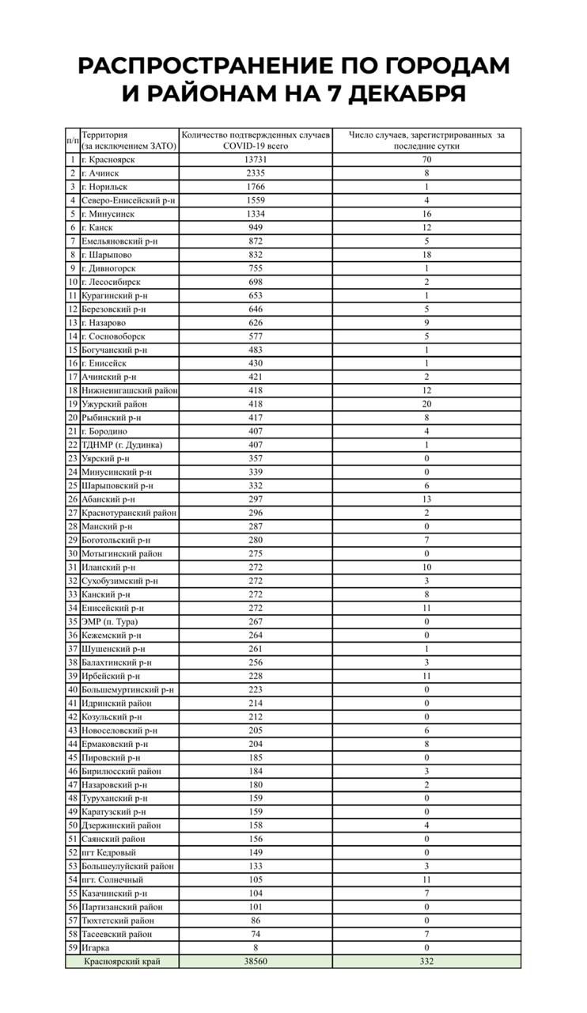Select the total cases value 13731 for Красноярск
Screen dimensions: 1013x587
tap(256, 160)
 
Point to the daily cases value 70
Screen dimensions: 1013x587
tap(426, 160)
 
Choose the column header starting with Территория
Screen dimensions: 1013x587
tap(129, 140)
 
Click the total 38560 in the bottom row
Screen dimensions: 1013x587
tap(256, 961)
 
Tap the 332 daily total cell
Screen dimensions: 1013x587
tap(426, 961)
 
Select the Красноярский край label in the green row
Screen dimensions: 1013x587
tap(122, 961)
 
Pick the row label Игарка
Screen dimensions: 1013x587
tap(96, 947)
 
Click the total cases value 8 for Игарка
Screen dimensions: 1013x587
tap(256, 947)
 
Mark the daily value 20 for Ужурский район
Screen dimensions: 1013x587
tap(426, 404)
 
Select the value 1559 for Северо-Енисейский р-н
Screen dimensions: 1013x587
tap(256, 200)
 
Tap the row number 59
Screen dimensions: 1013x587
tap(72, 947)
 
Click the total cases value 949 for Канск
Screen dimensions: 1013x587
tap(256, 228)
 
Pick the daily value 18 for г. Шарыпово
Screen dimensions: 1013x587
tap(426, 255)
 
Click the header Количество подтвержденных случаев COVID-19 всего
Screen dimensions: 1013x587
tap(256, 140)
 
